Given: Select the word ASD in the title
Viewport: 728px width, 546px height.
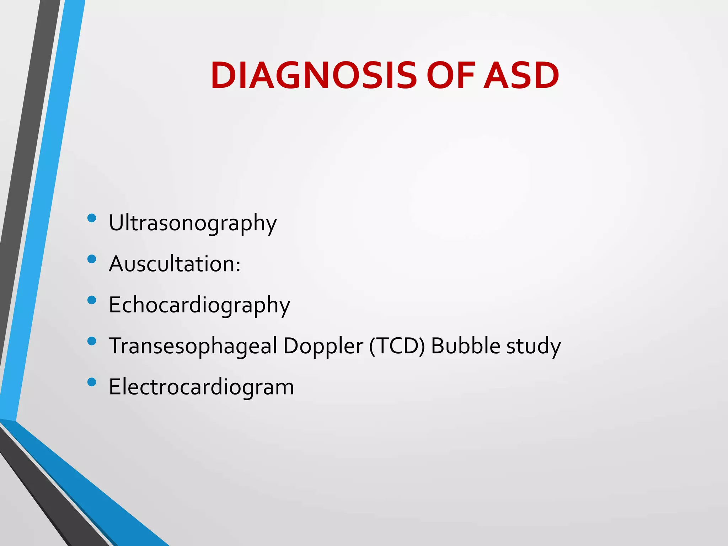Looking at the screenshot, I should pyautogui.click(x=521, y=76).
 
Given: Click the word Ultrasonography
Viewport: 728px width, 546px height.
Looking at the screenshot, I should pyautogui.click(x=192, y=223).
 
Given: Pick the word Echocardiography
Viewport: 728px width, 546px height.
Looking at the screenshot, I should pyautogui.click(x=199, y=305).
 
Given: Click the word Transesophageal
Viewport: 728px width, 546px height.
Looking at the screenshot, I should pyautogui.click(x=193, y=346).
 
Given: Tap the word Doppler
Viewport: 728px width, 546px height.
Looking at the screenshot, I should pyautogui.click(x=323, y=346).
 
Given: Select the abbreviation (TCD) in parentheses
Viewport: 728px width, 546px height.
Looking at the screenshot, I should pyautogui.click(x=397, y=346).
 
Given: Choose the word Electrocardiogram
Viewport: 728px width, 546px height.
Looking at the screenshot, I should pyautogui.click(x=201, y=387).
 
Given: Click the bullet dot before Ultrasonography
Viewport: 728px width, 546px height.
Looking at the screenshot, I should pyautogui.click(x=92, y=218).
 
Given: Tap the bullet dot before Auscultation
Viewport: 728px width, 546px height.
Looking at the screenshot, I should pyautogui.click(x=92, y=259).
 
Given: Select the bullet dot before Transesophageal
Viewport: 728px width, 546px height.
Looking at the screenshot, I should pyautogui.click(x=92, y=341).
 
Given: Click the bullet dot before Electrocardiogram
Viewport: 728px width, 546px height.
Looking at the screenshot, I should pyautogui.click(x=92, y=382).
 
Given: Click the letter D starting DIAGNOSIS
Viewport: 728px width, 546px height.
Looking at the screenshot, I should pyautogui.click(x=224, y=76).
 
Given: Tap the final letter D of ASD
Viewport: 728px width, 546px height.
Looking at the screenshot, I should pyautogui.click(x=545, y=76).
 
